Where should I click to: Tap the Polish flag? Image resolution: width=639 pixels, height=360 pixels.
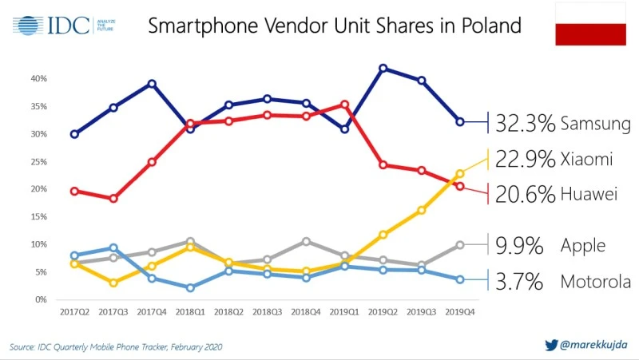tap(590, 24)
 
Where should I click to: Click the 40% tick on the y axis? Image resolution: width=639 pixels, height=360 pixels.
tap(39, 79)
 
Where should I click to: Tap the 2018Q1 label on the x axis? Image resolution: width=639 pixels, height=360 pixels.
tap(189, 313)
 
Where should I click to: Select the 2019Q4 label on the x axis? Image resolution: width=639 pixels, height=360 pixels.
tap(459, 313)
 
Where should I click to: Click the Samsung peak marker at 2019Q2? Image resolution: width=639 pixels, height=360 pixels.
tap(383, 69)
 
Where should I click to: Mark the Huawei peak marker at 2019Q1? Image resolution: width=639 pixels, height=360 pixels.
tap(344, 104)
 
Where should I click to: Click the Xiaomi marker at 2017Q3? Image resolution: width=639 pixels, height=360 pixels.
tap(113, 283)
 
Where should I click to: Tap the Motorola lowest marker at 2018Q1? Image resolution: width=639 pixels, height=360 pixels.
tap(190, 288)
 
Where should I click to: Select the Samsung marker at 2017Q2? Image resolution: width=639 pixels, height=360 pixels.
tap(74, 134)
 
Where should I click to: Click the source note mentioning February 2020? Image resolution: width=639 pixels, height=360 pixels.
tap(116, 347)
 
